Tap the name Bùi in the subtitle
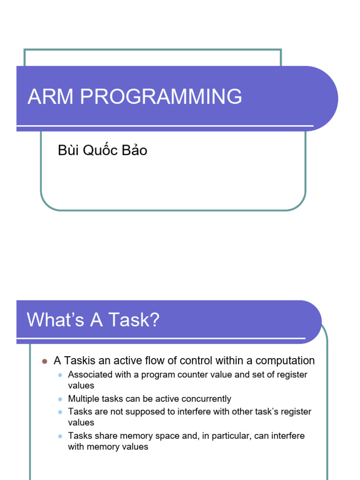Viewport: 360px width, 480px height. [67, 150]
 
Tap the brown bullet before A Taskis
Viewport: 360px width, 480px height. [45, 361]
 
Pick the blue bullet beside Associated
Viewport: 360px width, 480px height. [60, 375]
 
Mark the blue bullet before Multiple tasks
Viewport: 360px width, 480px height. [60, 399]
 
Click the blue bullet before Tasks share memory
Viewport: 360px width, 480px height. [60, 436]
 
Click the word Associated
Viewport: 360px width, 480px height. [89, 375]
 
